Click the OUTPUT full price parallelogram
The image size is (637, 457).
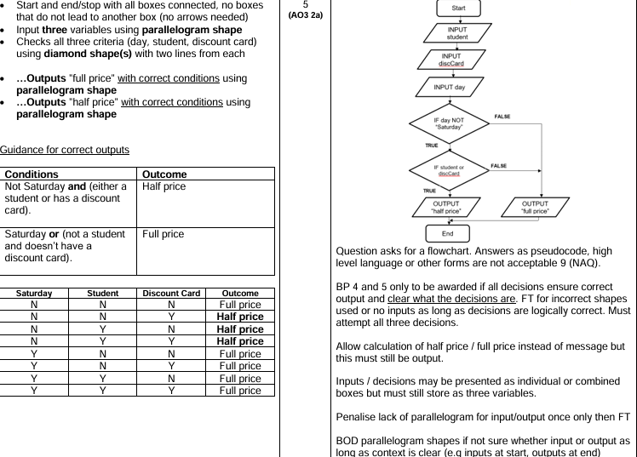pos(536,207)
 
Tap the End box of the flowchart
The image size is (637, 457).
pos(448,233)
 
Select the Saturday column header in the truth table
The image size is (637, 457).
pos(33,293)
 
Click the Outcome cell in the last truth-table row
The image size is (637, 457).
pos(239,391)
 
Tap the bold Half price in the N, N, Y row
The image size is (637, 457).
pos(239,317)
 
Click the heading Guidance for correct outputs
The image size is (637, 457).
pos(65,150)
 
